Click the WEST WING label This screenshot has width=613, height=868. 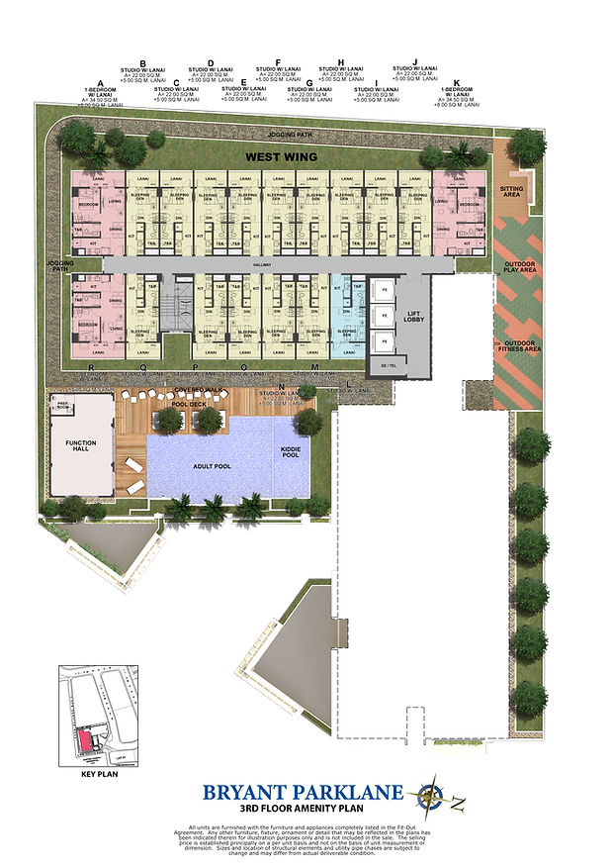pos(282,156)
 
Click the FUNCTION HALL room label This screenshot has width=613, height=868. pos(81,446)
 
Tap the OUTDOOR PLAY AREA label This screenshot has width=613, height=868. pos(520,267)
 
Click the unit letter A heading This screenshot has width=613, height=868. pos(100,83)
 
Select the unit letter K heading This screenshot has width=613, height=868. pos(456,83)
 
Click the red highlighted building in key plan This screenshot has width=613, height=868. pos(86,736)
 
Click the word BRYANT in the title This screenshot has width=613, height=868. pos(244,792)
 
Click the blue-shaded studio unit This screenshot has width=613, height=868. pos(347,310)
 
